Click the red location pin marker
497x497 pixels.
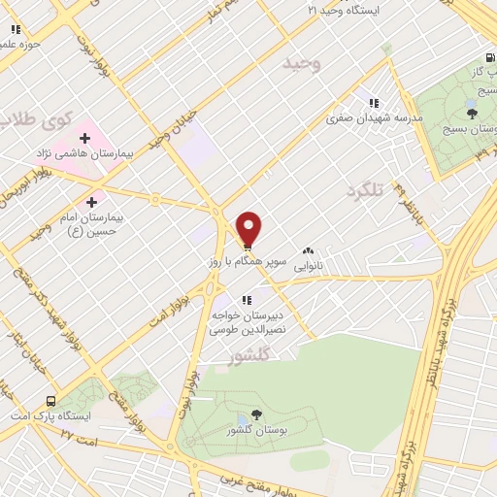tap(249, 228)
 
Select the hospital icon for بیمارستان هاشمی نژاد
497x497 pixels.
tap(85, 138)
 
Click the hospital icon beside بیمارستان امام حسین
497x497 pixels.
tap(92, 203)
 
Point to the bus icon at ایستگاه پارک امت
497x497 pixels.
tap(50, 400)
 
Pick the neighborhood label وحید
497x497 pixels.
tap(301, 64)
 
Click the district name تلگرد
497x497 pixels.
tap(366, 191)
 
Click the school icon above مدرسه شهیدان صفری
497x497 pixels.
tap(373, 103)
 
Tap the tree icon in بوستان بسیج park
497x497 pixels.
tap(473, 113)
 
